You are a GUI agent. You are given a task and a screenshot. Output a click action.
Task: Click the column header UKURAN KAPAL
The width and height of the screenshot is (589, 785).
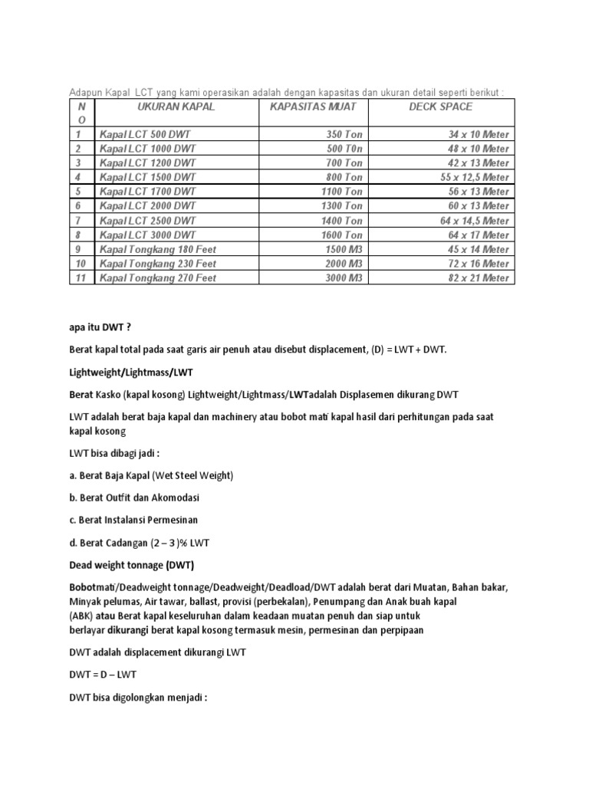pyautogui.click(x=176, y=107)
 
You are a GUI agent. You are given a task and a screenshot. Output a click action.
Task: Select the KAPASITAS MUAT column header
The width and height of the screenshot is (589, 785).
pyautogui.click(x=314, y=107)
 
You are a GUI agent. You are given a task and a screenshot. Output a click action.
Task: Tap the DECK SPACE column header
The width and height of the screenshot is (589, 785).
pyautogui.click(x=441, y=107)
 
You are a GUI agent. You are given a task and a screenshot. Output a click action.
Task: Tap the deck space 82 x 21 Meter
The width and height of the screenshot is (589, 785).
pyautogui.click(x=479, y=278)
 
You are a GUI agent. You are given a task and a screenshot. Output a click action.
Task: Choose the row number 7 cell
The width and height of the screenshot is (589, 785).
pyautogui.click(x=79, y=221)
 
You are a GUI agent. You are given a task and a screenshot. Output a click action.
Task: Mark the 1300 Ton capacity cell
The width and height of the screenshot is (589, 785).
pyautogui.click(x=340, y=206)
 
